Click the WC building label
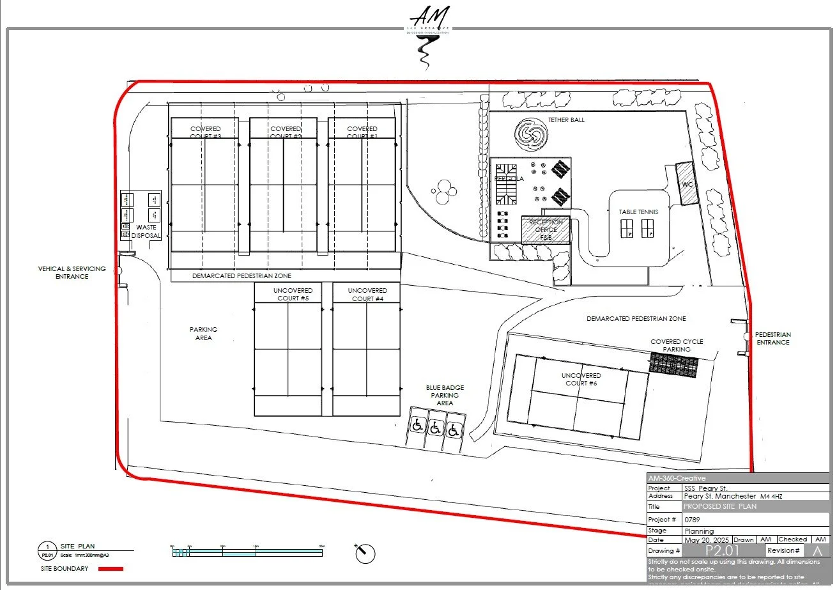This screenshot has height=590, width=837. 687,184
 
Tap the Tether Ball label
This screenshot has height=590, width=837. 566,120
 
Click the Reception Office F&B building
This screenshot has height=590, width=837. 545,229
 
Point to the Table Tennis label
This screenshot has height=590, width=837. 638,212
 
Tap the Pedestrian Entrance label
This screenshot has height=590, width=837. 772,338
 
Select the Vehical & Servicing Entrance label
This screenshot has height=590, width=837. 72,272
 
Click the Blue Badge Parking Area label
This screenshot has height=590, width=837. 445,395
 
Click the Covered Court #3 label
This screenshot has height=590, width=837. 205,132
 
